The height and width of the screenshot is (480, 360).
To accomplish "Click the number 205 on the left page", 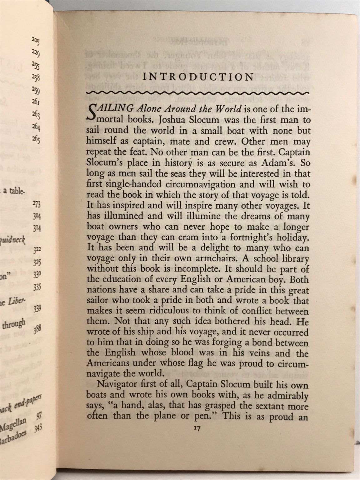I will (x=35, y=40).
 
